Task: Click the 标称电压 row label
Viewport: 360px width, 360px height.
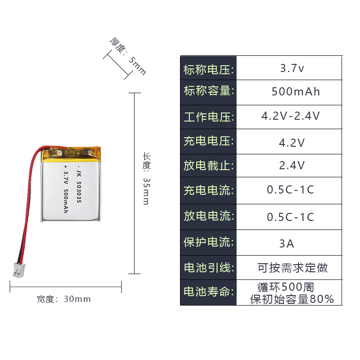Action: pos(208,70)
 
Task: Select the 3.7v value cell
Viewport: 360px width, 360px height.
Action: pos(292,69)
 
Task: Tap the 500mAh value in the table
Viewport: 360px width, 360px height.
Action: pos(296,92)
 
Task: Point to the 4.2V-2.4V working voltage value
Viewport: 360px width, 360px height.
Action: pos(291,116)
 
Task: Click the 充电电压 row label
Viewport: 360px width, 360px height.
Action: pos(208,141)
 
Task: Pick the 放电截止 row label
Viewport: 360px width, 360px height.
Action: pos(208,166)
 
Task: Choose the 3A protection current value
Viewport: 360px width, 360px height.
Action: pos(287,243)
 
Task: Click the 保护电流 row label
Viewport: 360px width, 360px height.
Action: pos(208,242)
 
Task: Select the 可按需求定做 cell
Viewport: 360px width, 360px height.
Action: pos(292,268)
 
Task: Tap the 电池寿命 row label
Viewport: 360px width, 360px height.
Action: pos(208,292)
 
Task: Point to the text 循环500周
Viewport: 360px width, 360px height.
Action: pos(286,287)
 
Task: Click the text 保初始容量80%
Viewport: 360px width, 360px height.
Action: pos(292,299)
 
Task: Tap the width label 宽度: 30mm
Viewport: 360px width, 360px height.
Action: pos(64,299)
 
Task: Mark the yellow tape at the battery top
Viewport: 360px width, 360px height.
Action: pos(72,153)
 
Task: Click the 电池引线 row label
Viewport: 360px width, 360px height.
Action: pos(208,268)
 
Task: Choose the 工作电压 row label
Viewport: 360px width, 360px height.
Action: pos(208,117)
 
